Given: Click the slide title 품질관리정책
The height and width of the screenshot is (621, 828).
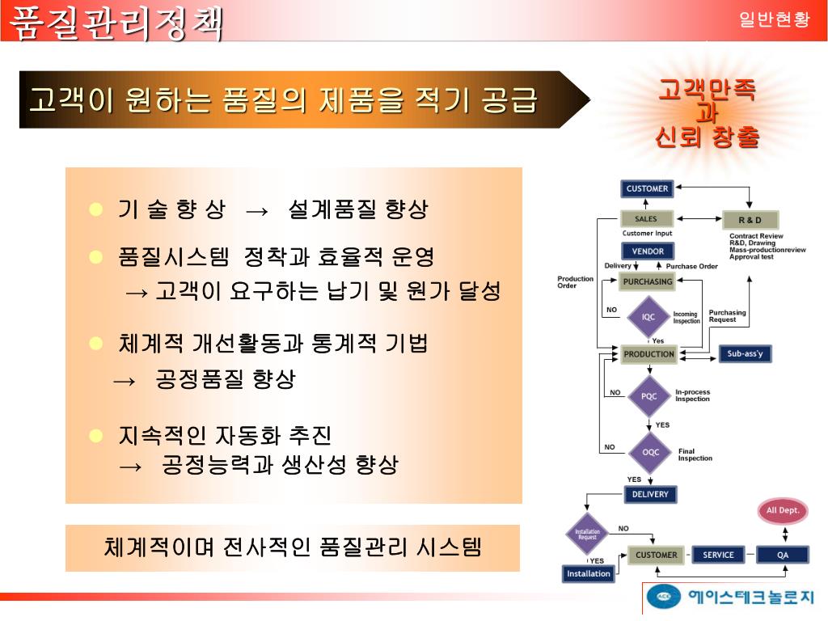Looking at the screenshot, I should (116, 22).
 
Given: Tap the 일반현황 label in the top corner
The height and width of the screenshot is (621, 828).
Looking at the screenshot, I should (774, 20).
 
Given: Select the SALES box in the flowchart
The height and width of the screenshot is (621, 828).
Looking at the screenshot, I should (647, 219).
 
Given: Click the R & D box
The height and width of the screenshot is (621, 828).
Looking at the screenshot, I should (750, 220).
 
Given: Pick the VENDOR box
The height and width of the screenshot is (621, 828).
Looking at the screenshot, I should (648, 251).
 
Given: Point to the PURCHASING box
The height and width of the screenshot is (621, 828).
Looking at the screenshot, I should (648, 282).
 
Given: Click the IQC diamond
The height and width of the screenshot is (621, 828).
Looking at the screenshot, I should (648, 317).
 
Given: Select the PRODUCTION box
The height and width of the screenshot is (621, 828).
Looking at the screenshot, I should (648, 354).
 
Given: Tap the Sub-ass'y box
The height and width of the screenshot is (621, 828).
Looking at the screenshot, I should (750, 354).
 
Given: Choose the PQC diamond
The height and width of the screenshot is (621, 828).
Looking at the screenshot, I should (649, 396).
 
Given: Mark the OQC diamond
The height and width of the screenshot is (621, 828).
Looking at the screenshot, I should (650, 452).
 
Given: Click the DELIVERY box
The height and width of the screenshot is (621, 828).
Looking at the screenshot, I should (650, 494).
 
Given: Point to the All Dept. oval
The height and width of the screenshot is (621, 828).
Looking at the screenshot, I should (783, 510).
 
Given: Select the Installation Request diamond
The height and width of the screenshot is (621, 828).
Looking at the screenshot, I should (587, 534).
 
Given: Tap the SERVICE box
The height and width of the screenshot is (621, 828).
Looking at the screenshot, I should (718, 555).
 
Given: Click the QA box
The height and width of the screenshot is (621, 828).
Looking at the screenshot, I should (783, 555).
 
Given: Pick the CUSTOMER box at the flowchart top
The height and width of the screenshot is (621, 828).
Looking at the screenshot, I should (647, 188).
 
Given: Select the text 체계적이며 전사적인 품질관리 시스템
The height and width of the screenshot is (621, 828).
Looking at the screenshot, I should (293, 547).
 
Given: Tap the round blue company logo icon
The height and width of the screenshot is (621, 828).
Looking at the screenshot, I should (663, 597).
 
